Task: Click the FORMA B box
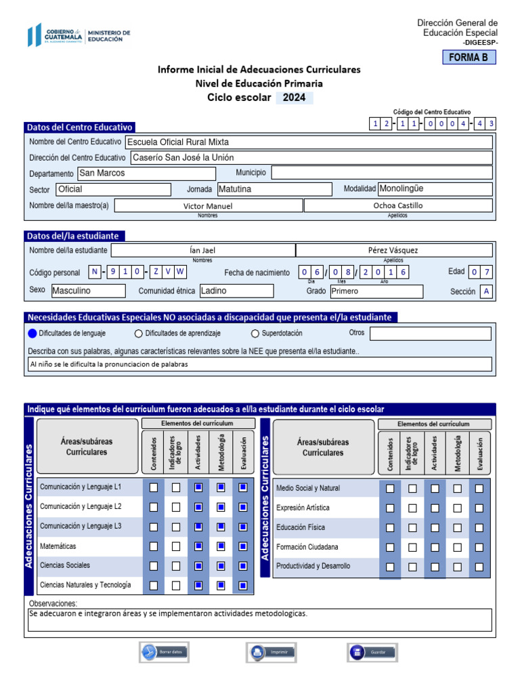pyautogui.click(x=469, y=58)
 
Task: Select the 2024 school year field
pyautogui.click(x=294, y=98)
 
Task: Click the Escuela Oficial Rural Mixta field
pyautogui.click(x=309, y=142)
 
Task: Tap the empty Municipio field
pyautogui.click(x=381, y=173)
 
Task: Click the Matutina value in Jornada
pyautogui.click(x=274, y=189)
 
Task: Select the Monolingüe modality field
pyautogui.click(x=434, y=188)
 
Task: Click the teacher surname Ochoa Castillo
pyautogui.click(x=398, y=205)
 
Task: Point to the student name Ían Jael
pyautogui.click(x=202, y=250)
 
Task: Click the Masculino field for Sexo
pyautogui.click(x=88, y=291)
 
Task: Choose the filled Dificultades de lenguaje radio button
pyautogui.click(x=32, y=333)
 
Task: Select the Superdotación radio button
pyautogui.click(x=255, y=333)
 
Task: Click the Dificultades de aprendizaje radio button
pyautogui.click(x=139, y=333)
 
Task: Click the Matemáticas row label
pyautogui.click(x=58, y=546)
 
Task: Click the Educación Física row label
pyautogui.click(x=301, y=527)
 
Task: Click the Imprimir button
pyautogui.click(x=272, y=652)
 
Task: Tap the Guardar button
pyautogui.click(x=372, y=652)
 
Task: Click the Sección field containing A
pyautogui.click(x=486, y=291)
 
